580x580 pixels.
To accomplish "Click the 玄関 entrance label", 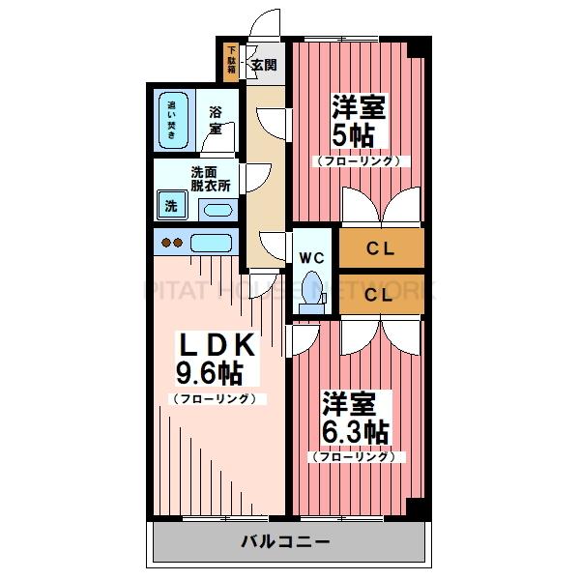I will tap(263, 66).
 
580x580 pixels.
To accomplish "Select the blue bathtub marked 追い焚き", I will tap(172, 121).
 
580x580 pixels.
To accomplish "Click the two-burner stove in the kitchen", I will tap(171, 243).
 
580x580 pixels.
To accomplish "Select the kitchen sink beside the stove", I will tap(210, 243).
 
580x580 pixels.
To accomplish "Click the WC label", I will tap(310, 258).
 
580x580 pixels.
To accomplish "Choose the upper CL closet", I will tap(380, 248).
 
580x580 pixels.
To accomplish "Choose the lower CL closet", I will tap(380, 295).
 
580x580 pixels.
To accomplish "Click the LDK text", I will tap(215, 344).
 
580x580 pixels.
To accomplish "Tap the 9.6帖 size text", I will tap(209, 373).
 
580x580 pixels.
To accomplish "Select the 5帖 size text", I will tap(361, 135).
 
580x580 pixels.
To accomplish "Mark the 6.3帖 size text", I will tap(357, 430).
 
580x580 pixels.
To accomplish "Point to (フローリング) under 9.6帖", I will tap(215, 398).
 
